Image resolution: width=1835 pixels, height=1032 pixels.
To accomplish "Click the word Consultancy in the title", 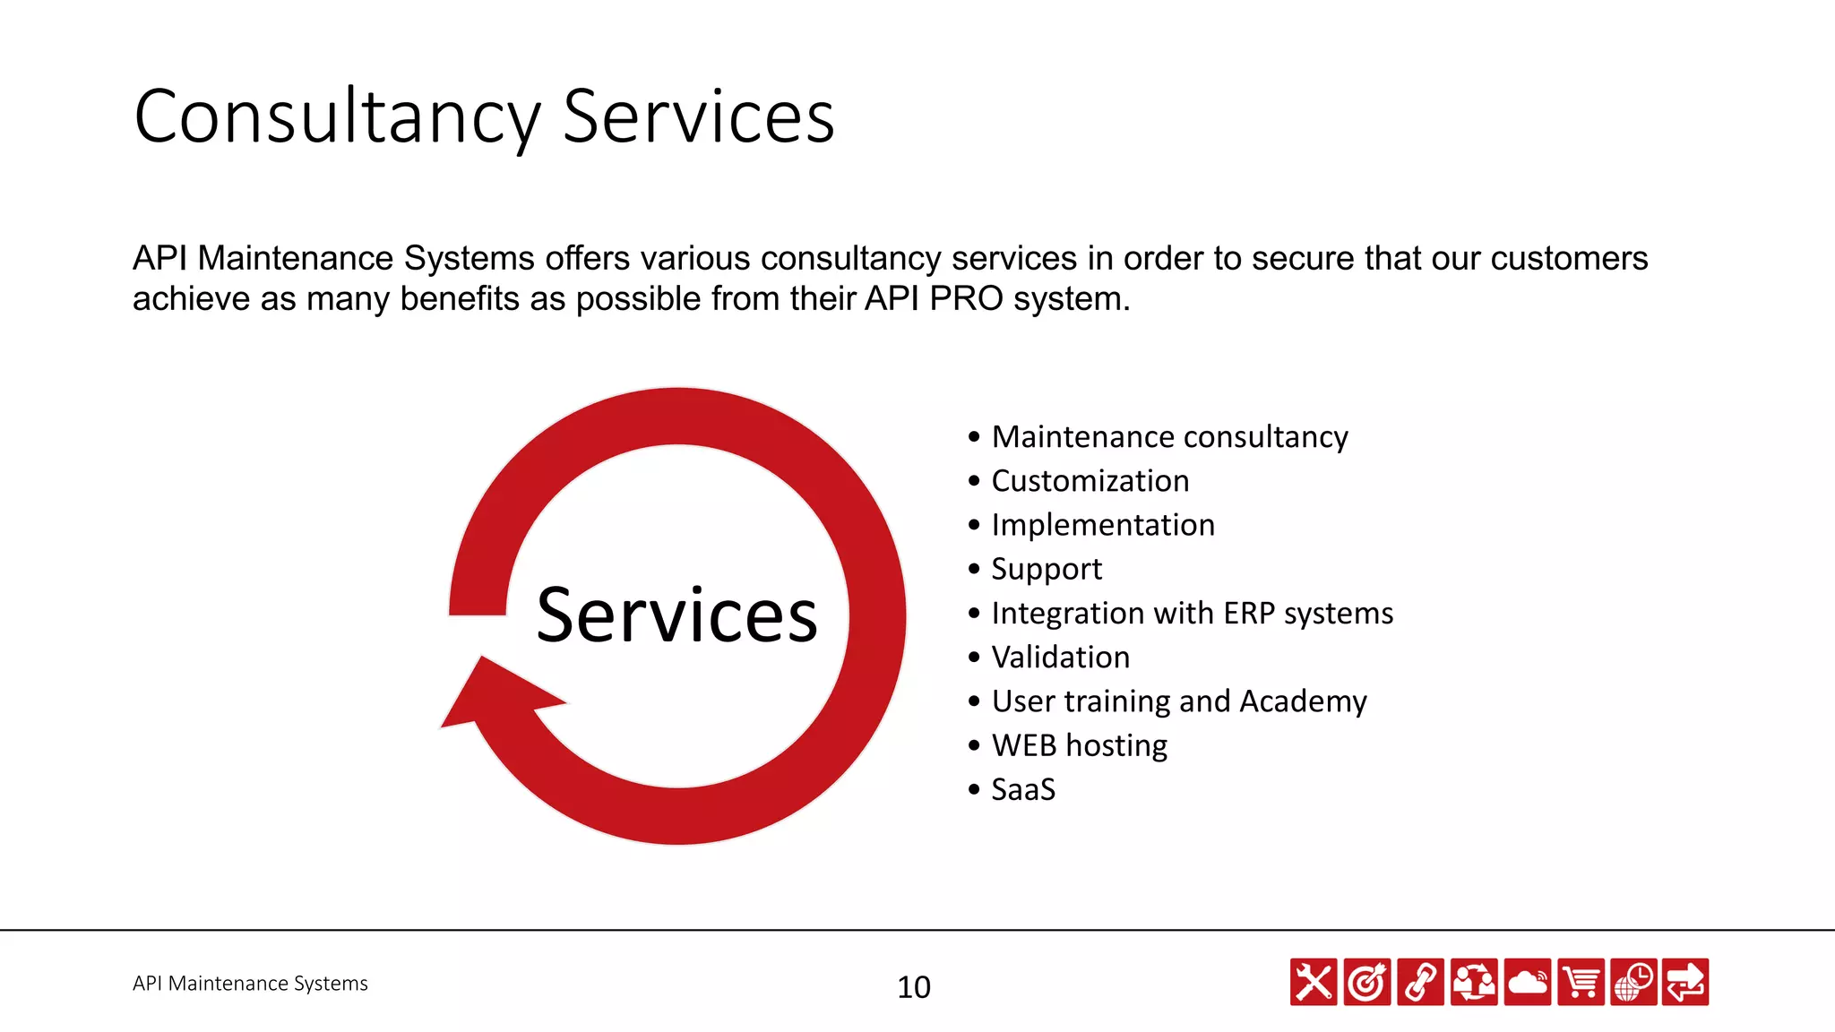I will tap(337, 117).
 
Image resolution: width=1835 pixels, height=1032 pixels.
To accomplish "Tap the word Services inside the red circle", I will tap(676, 615).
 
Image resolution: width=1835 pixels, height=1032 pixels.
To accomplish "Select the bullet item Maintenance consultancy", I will tap(1168, 437).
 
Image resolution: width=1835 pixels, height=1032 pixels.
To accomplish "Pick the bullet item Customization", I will tap(1090, 481).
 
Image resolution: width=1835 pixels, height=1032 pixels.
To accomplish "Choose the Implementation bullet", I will tap(1102, 525).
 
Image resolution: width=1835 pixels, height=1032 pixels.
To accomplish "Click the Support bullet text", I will tap(1046, 570).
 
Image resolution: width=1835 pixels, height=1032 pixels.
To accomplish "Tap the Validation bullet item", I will tap(1060, 658).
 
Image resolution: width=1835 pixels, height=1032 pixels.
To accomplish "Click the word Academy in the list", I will tap(1303, 701).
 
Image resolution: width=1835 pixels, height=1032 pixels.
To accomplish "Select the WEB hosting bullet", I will tap(1079, 745).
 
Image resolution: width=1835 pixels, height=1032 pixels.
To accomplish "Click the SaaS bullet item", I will tap(1023, 790).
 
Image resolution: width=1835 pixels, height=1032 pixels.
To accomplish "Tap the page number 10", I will tap(913, 987).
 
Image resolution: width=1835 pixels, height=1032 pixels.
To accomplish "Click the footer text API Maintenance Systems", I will tap(250, 984).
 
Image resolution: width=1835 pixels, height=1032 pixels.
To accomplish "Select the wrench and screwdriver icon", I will tap(1314, 982).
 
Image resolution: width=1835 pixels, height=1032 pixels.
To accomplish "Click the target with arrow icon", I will tap(1366, 982).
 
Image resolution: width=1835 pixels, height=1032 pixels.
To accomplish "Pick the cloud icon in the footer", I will tap(1527, 982).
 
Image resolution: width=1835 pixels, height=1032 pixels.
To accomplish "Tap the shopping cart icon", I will tap(1581, 982).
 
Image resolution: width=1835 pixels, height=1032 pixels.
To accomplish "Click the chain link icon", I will tap(1420, 982).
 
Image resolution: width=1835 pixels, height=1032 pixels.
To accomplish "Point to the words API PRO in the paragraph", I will tap(933, 299).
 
